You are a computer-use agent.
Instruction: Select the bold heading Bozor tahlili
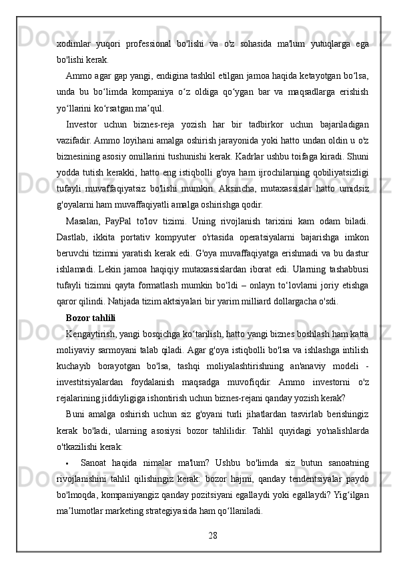tap(91, 317)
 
